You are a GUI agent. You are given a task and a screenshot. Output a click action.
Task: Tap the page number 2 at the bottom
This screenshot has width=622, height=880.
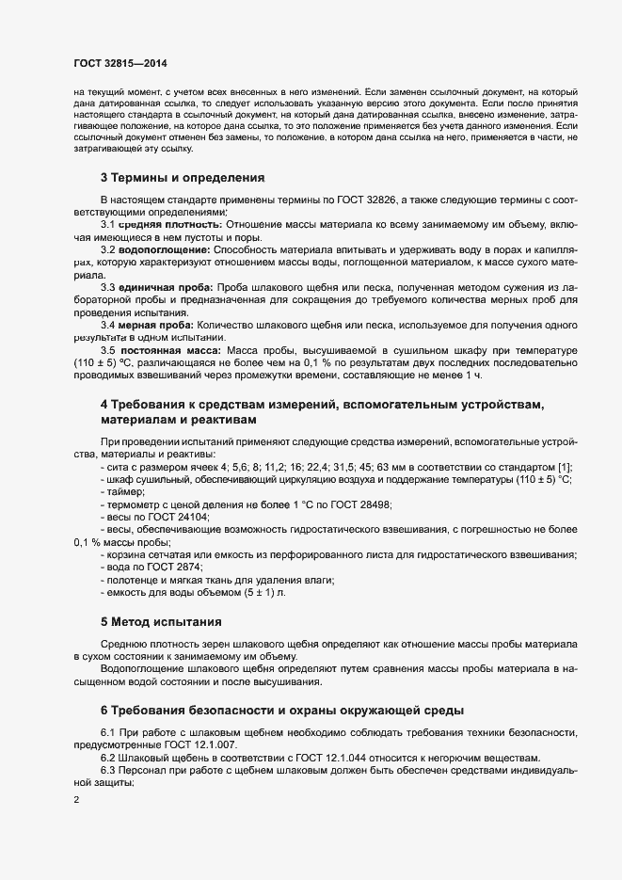(x=76, y=800)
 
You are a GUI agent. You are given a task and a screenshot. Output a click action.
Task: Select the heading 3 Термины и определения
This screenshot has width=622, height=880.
(x=184, y=177)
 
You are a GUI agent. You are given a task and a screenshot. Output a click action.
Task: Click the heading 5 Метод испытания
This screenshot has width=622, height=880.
(x=161, y=622)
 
